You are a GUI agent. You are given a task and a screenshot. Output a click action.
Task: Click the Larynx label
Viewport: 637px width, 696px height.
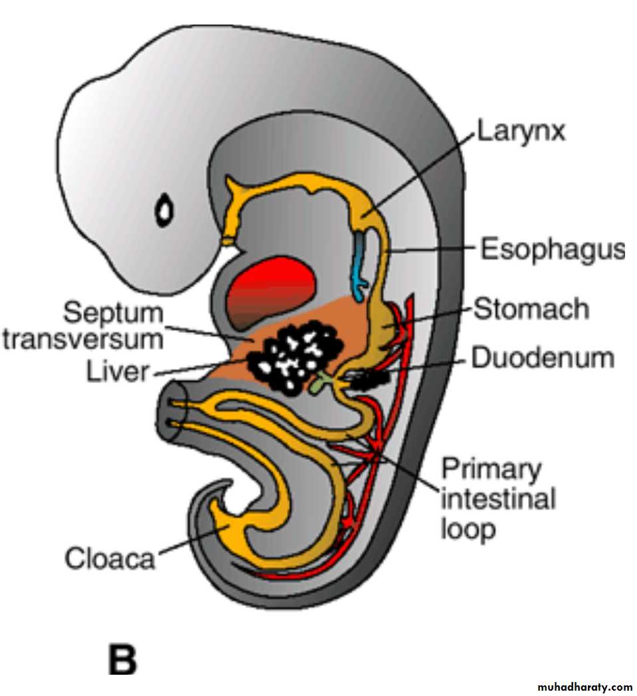click(520, 131)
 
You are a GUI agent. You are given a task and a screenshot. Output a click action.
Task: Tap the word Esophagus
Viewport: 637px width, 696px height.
click(552, 250)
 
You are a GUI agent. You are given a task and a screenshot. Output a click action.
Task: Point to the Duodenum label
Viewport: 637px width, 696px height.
click(542, 358)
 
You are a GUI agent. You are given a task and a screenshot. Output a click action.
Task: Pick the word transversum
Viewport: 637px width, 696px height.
click(83, 338)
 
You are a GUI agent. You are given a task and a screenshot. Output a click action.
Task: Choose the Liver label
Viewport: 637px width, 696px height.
click(117, 371)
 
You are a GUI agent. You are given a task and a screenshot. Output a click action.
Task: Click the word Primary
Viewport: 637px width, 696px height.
click(492, 469)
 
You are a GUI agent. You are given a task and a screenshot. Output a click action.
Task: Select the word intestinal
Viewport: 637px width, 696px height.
click(498, 499)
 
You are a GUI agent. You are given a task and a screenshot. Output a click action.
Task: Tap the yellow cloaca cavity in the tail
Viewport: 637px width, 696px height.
click(226, 525)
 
